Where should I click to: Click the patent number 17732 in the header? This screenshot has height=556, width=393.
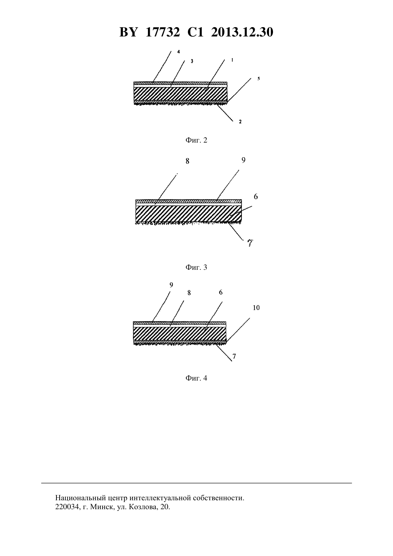click(x=163, y=32)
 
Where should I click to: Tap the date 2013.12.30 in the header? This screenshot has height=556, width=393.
click(x=242, y=32)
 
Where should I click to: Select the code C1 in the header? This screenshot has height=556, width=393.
click(x=195, y=32)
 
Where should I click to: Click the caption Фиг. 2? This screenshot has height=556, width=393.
click(x=196, y=140)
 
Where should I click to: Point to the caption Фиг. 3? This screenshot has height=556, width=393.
click(x=196, y=267)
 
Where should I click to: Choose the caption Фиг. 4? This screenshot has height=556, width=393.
click(x=196, y=378)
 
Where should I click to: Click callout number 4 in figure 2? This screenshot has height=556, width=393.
click(x=178, y=52)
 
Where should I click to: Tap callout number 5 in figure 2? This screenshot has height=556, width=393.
click(x=258, y=79)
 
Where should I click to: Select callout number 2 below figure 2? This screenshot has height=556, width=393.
click(x=240, y=121)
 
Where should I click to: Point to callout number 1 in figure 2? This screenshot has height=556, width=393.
click(x=232, y=60)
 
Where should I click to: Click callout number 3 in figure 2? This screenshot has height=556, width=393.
click(x=192, y=61)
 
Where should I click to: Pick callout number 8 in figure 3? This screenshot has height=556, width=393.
click(x=187, y=162)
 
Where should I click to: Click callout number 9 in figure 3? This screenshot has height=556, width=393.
click(x=243, y=160)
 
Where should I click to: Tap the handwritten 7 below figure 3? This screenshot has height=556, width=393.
click(x=250, y=243)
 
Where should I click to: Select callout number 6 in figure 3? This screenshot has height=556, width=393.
click(x=256, y=197)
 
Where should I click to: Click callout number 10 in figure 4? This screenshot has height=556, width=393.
click(x=256, y=308)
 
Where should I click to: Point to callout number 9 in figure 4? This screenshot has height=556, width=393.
click(x=171, y=285)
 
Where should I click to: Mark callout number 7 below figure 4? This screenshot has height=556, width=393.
click(x=234, y=357)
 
